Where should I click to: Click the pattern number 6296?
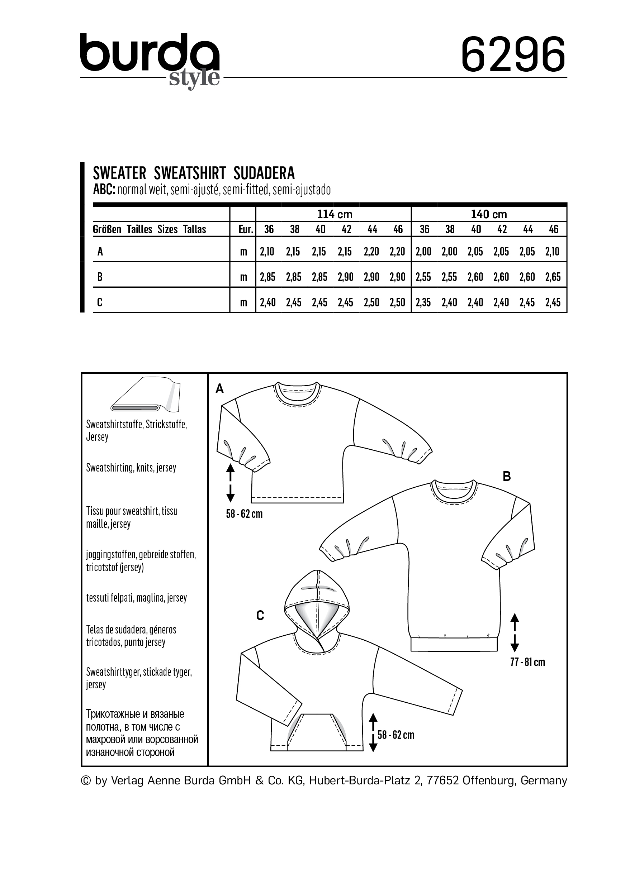513,55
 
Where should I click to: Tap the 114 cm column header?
334,214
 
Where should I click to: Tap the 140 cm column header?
489,214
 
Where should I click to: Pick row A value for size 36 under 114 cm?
267,252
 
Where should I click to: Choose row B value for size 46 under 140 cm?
553,277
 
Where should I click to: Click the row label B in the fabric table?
100,277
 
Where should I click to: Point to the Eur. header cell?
245,229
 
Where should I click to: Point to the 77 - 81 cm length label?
527,662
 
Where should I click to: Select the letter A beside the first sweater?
220,388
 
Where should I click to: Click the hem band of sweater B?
454,644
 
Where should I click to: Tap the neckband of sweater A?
298,396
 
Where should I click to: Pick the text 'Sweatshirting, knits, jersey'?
131,468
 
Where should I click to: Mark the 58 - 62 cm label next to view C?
396,735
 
